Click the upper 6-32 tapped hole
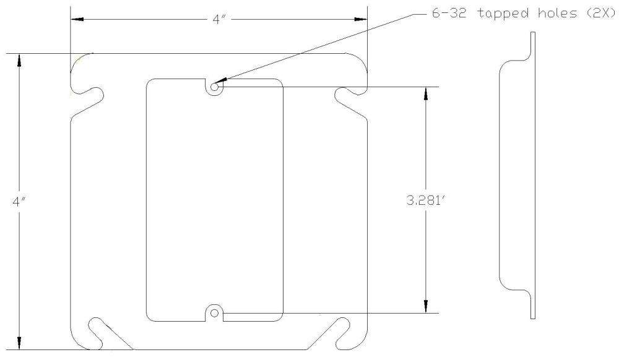[x=214, y=87]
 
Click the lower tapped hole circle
[x=214, y=313]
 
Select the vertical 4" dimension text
[x=19, y=202]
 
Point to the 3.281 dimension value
[x=426, y=200]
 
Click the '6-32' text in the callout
[x=449, y=13]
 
